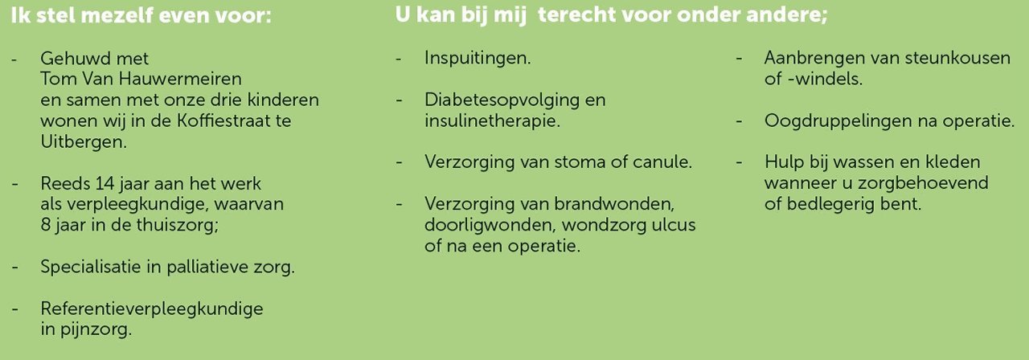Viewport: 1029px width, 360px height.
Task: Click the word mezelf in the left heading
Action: pyautogui.click(x=117, y=15)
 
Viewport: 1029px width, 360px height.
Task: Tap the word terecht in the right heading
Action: pyautogui.click(x=576, y=14)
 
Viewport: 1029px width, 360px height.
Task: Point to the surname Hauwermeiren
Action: pyautogui.click(x=180, y=79)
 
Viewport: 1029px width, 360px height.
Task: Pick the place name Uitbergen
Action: pyautogui.click(x=84, y=142)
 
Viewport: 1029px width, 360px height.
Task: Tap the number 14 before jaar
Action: pyautogui.click(x=105, y=183)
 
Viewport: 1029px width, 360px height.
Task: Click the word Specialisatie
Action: pyautogui.click(x=91, y=267)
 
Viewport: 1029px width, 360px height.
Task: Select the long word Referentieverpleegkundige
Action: pyautogui.click(x=152, y=309)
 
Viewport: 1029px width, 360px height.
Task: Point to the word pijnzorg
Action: pyautogui.click(x=96, y=329)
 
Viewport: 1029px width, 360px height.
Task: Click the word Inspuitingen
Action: pyautogui.click(x=478, y=59)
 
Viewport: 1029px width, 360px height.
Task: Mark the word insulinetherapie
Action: pyautogui.click(x=492, y=121)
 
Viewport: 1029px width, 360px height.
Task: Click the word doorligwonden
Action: pyautogui.click(x=490, y=225)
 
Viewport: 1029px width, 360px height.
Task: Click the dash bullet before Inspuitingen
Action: pyautogui.click(x=398, y=59)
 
